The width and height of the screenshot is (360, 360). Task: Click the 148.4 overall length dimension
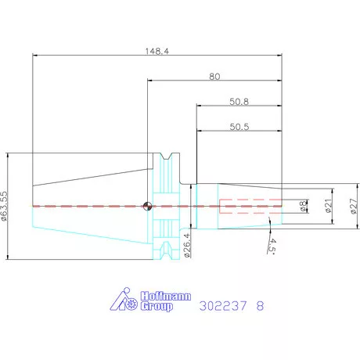(x=157, y=51)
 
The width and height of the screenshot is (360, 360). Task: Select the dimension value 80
(x=214, y=77)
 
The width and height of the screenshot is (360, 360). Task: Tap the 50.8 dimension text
(x=239, y=102)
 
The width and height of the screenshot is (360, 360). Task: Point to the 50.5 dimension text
(x=239, y=127)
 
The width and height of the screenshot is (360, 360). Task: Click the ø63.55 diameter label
(x=5, y=207)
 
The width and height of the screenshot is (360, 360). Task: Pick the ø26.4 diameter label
(x=188, y=246)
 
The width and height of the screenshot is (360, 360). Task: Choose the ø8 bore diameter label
(x=303, y=206)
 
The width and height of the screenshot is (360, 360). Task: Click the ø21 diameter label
(x=329, y=206)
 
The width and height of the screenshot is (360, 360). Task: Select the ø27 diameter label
(x=354, y=206)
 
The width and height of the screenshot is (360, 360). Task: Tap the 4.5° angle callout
(x=272, y=246)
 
